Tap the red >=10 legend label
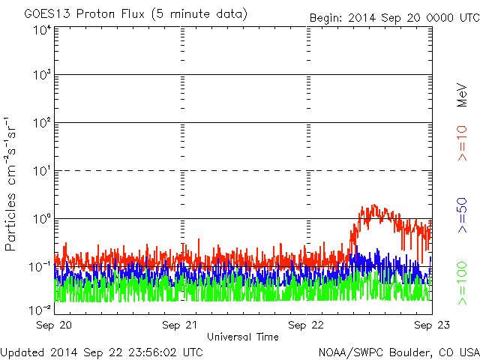coord(463,142)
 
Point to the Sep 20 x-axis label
coord(53,326)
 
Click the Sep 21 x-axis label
coord(181,326)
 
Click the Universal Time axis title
coord(242,337)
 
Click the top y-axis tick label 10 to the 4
coord(41,31)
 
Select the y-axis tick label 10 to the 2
coord(41,124)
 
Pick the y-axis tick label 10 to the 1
coord(41,172)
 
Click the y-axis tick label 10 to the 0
coord(41,220)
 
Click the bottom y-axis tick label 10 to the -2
coord(40,308)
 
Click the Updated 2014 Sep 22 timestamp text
coord(101,351)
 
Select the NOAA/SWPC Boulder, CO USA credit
coord(398,351)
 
